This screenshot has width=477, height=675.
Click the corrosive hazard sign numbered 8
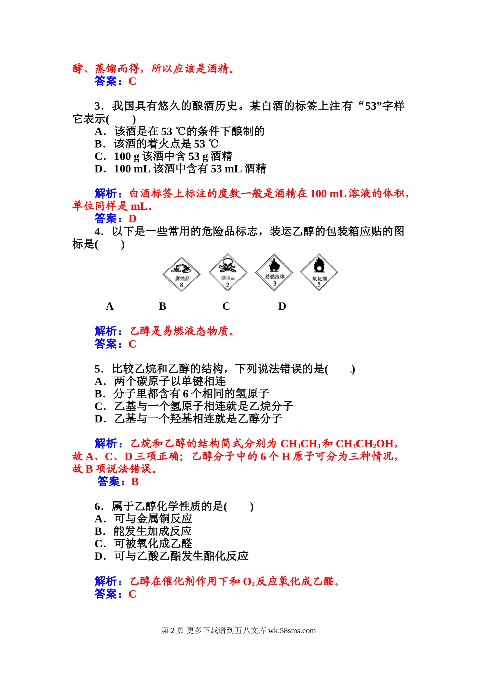pos(181,275)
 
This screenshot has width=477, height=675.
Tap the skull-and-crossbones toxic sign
pos(227,273)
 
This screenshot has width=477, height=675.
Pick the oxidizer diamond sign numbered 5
pos(319,273)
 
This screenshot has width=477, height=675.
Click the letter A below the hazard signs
pos(110,306)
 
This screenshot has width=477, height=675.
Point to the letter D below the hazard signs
pos(282,306)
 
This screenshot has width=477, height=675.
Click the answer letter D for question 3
pos(133,219)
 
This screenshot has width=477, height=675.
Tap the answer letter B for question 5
pos(135,482)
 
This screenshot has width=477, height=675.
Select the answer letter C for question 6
pos(133,594)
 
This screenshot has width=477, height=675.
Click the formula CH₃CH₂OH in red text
pos(365,444)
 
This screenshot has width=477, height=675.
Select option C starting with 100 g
pos(164,156)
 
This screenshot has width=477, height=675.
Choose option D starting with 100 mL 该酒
pos(180,169)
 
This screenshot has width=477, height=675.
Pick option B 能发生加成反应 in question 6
pos(144,531)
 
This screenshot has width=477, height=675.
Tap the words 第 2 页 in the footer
pos(173,631)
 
